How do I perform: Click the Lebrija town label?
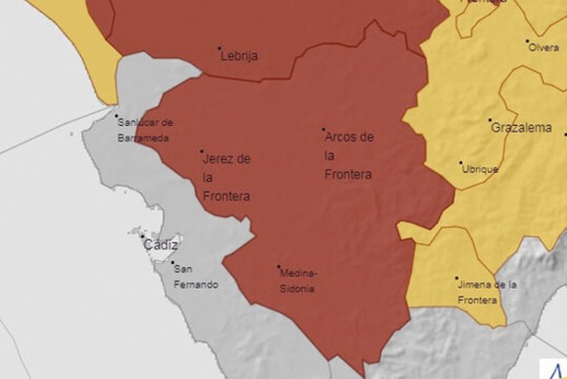point(239,55)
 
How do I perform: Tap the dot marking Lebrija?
point(220,48)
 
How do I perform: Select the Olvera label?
point(544,47)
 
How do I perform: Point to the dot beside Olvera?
point(528,41)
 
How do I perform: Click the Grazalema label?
point(522,128)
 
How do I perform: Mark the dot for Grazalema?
point(490,120)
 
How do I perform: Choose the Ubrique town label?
point(480,169)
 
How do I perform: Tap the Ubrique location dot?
point(461,162)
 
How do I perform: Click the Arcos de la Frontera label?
point(349,156)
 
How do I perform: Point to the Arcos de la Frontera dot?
point(324,130)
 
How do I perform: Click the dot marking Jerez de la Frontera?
point(202,151)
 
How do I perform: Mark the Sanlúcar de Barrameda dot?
point(116,116)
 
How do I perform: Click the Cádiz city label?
point(161,245)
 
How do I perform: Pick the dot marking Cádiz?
point(142,237)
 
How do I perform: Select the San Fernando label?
point(195,277)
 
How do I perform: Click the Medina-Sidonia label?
point(296,281)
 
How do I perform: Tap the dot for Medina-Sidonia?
point(278,266)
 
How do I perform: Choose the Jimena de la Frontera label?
point(487,292)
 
